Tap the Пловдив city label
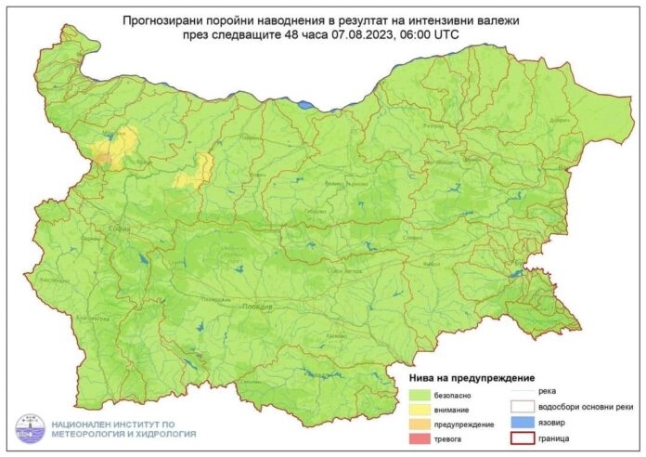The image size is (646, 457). [259, 305]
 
